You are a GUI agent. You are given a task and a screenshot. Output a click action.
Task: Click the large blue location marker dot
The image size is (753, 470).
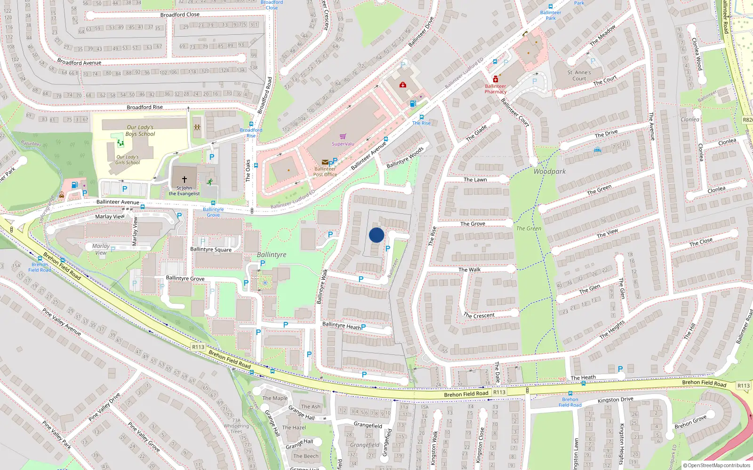(376, 235)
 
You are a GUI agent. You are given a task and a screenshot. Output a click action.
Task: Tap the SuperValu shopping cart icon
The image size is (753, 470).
(343, 137)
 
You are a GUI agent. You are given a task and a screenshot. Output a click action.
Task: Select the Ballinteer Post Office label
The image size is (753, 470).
(325, 172)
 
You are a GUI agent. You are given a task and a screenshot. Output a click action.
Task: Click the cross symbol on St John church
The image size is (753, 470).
(184, 179)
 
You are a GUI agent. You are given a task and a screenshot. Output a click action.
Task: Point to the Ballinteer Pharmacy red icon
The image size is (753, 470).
(496, 79)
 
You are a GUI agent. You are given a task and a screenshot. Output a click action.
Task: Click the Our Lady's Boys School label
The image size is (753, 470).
(140, 131)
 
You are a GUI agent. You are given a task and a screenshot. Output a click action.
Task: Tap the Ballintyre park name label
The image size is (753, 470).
(272, 255)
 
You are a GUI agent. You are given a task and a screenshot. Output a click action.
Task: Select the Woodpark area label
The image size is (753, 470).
(550, 172)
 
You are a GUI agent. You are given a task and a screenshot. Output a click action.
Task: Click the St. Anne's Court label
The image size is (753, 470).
(579, 76)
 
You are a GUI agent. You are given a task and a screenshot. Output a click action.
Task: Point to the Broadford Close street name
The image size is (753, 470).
(180, 15)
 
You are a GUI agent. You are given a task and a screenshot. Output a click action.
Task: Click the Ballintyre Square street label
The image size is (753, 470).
(211, 250)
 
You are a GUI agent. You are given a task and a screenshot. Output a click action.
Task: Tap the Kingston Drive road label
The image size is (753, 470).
(615, 400)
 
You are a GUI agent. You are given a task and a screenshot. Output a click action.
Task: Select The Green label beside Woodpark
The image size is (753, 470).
(529, 228)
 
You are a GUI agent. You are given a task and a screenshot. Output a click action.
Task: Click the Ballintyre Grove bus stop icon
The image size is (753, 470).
(213, 204)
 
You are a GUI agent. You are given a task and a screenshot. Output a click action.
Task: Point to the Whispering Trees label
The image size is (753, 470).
(236, 429)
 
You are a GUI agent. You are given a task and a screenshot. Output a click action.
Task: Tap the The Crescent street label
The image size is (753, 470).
(479, 315)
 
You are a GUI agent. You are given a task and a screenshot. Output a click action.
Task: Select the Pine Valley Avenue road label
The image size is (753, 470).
(62, 322)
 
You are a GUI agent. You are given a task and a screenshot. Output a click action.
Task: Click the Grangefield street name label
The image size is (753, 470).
(368, 425)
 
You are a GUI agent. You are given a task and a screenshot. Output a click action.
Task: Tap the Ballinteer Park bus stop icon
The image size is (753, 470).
(550, 7)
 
